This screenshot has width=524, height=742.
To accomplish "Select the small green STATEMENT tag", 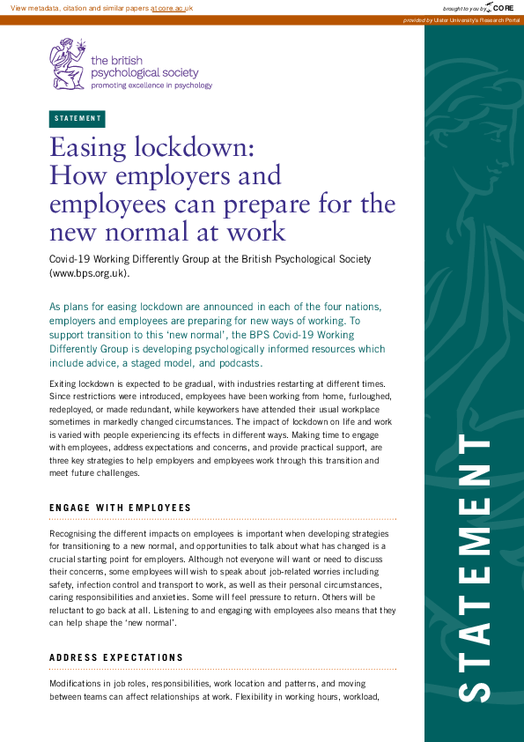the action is pos(77,119).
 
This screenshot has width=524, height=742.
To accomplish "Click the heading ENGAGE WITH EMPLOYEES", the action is pos(120,508).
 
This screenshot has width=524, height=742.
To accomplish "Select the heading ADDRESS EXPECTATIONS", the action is pos(116,657).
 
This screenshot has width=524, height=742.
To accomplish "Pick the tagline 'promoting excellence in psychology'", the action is pos(151,85).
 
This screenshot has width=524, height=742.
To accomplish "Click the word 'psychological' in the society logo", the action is pos(131,73).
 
